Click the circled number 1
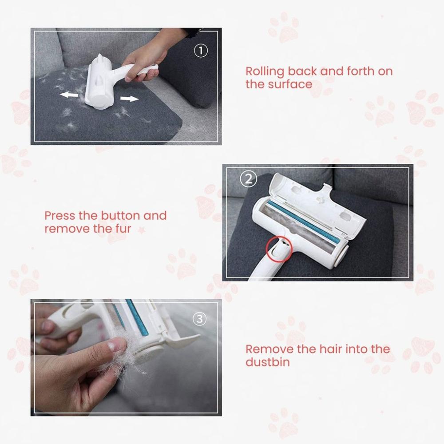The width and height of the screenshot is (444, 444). tap(201, 51)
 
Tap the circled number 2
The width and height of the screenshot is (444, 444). tap(248, 179)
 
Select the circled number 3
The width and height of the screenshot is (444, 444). tap(201, 319)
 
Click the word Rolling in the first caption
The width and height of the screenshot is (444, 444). tap(265, 71)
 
